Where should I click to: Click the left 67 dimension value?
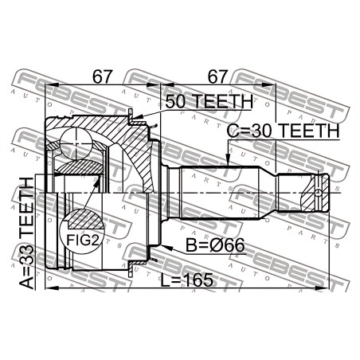click(x=103, y=76)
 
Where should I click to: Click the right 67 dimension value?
click(x=217, y=76)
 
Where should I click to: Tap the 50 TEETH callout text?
click(x=209, y=101)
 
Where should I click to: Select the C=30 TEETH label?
click(x=284, y=131)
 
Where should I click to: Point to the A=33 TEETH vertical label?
click(x=26, y=233)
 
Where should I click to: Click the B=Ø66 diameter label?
click(x=215, y=245)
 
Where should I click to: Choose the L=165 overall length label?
click(x=187, y=280)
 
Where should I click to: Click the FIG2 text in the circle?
click(x=82, y=241)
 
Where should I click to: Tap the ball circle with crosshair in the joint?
click(x=76, y=143)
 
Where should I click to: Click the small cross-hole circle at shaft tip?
click(x=319, y=193)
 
